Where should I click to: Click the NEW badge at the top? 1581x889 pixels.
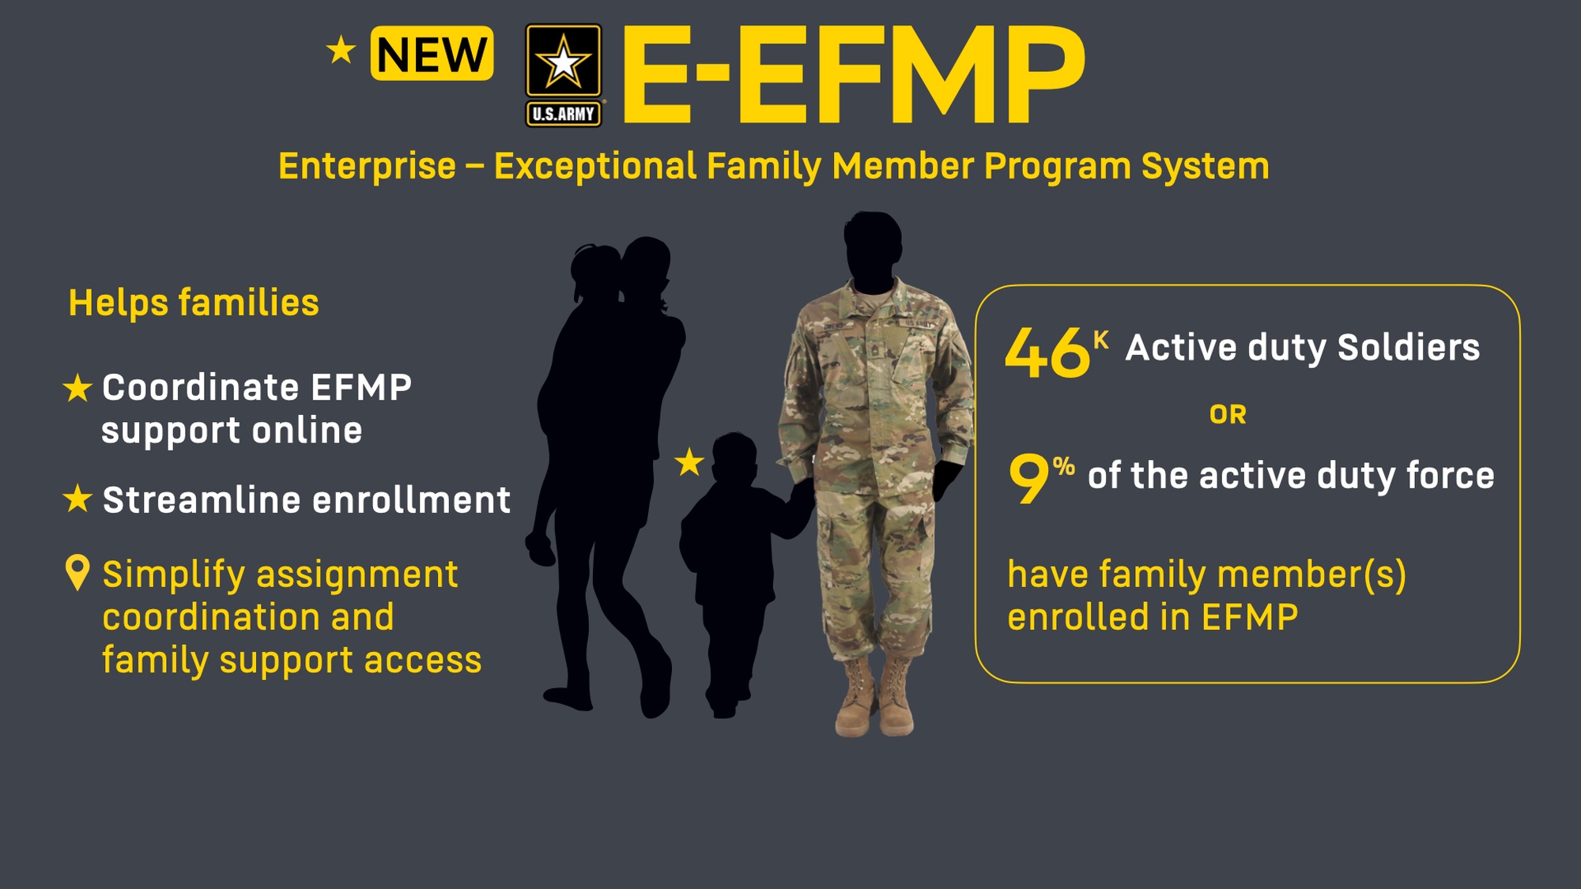coord(432,54)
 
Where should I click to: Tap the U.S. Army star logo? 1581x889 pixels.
coord(564,75)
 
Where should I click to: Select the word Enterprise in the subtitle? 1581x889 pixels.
coord(368,167)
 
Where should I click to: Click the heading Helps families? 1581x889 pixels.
coord(194,303)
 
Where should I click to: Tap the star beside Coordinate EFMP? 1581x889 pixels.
coord(77,388)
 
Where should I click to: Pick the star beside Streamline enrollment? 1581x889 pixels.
coord(77,499)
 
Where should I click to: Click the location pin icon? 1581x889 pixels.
coord(77,573)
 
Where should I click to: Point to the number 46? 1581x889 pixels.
coord(1047,352)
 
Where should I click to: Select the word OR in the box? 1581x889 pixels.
coord(1228,415)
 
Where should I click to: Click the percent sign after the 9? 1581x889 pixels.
coord(1063,466)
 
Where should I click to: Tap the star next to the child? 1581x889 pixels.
coord(689,462)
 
